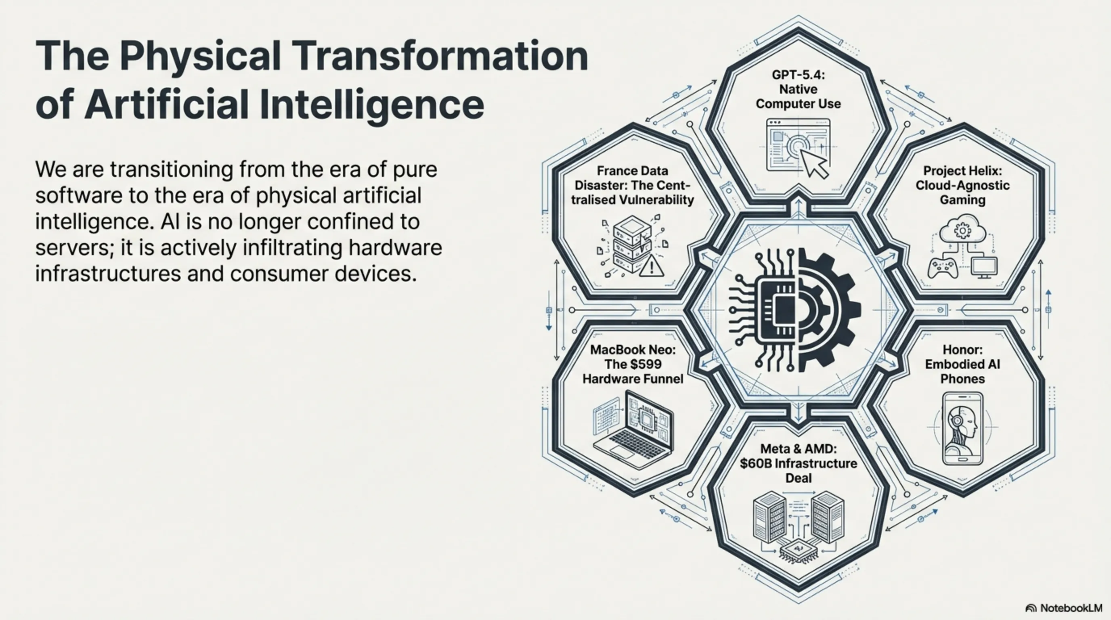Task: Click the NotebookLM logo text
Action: click(x=1071, y=608)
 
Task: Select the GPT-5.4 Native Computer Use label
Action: click(x=798, y=89)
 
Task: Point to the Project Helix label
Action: click(x=962, y=185)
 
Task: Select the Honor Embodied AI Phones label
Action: click(x=962, y=364)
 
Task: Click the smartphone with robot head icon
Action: click(x=962, y=428)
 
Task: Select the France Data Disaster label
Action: click(x=633, y=185)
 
